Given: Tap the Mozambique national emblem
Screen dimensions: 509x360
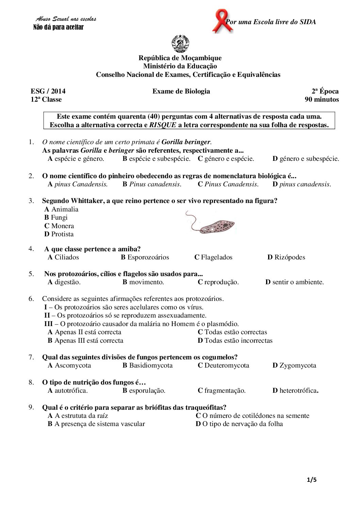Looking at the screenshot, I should (180, 44).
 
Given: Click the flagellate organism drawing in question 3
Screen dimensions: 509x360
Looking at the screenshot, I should (211, 223).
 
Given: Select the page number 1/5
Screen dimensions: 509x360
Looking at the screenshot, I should (312, 480).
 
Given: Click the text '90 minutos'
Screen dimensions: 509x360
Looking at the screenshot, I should (322, 100).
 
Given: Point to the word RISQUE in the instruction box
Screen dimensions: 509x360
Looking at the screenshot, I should (163, 125).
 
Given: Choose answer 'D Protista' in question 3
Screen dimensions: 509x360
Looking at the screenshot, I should (59, 234).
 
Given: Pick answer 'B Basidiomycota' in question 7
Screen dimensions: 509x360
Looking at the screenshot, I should (147, 366).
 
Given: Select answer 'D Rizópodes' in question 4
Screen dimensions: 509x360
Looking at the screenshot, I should (286, 257).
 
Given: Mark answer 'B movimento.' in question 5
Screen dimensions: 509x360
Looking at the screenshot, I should (143, 282).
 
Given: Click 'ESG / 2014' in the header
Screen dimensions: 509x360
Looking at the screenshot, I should (48, 91).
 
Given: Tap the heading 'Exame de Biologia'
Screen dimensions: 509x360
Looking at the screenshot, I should (181, 91).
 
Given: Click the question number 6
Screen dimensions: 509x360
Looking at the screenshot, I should (31, 299).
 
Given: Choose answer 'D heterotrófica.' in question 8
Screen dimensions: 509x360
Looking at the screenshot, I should (295, 391).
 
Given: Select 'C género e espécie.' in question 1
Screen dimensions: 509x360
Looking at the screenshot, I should (226, 159).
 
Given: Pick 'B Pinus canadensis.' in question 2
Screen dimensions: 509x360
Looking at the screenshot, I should (152, 184).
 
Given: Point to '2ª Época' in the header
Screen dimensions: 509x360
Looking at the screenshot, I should (325, 91).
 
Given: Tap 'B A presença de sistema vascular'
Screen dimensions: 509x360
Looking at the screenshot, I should (96, 424).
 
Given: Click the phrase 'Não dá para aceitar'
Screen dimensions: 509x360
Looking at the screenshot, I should (58, 27).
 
